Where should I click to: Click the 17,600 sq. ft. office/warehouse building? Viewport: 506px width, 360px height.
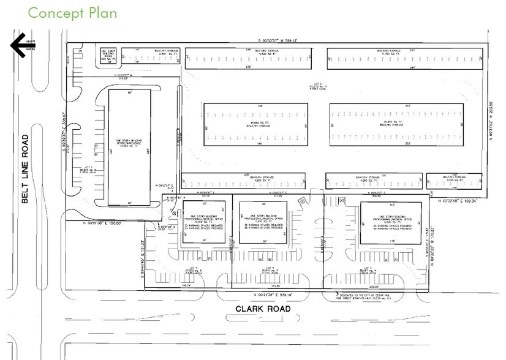(x=129, y=147)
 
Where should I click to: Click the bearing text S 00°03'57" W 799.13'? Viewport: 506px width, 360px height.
(x=276, y=41)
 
